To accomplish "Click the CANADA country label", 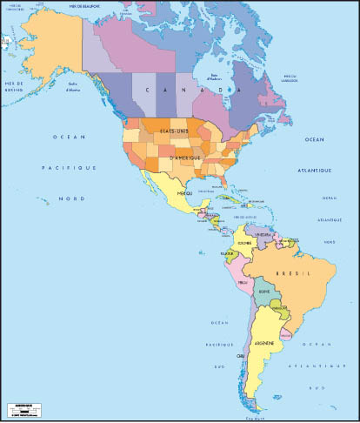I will click(191, 90).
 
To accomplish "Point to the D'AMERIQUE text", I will click(186, 158).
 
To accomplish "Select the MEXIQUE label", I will click(184, 193).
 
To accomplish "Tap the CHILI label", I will click(240, 356).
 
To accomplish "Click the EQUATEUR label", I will click(229, 254).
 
